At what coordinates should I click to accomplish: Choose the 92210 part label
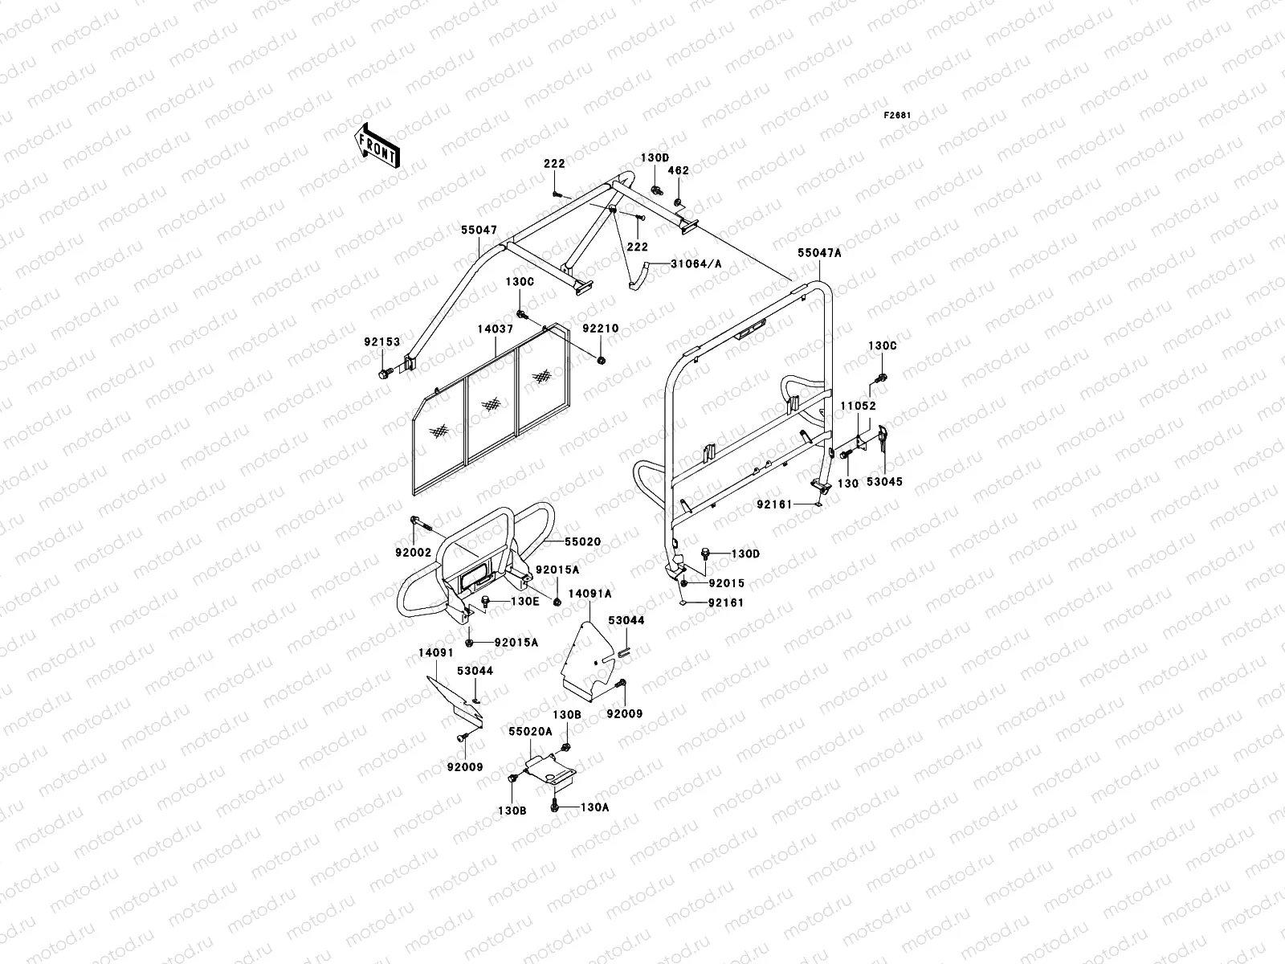[600, 329]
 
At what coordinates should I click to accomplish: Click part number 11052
[858, 406]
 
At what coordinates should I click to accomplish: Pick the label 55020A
[530, 732]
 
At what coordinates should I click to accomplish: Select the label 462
[679, 170]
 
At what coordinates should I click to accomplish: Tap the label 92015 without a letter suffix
[726, 583]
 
